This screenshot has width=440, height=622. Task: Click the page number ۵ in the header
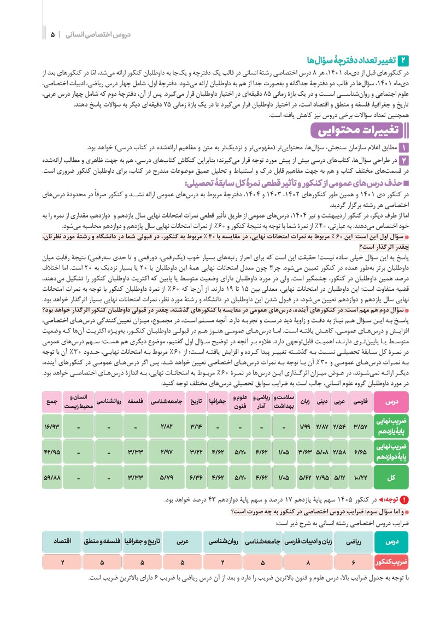tap(53, 34)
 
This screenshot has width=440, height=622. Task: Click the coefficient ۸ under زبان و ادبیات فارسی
tap(309, 562)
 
